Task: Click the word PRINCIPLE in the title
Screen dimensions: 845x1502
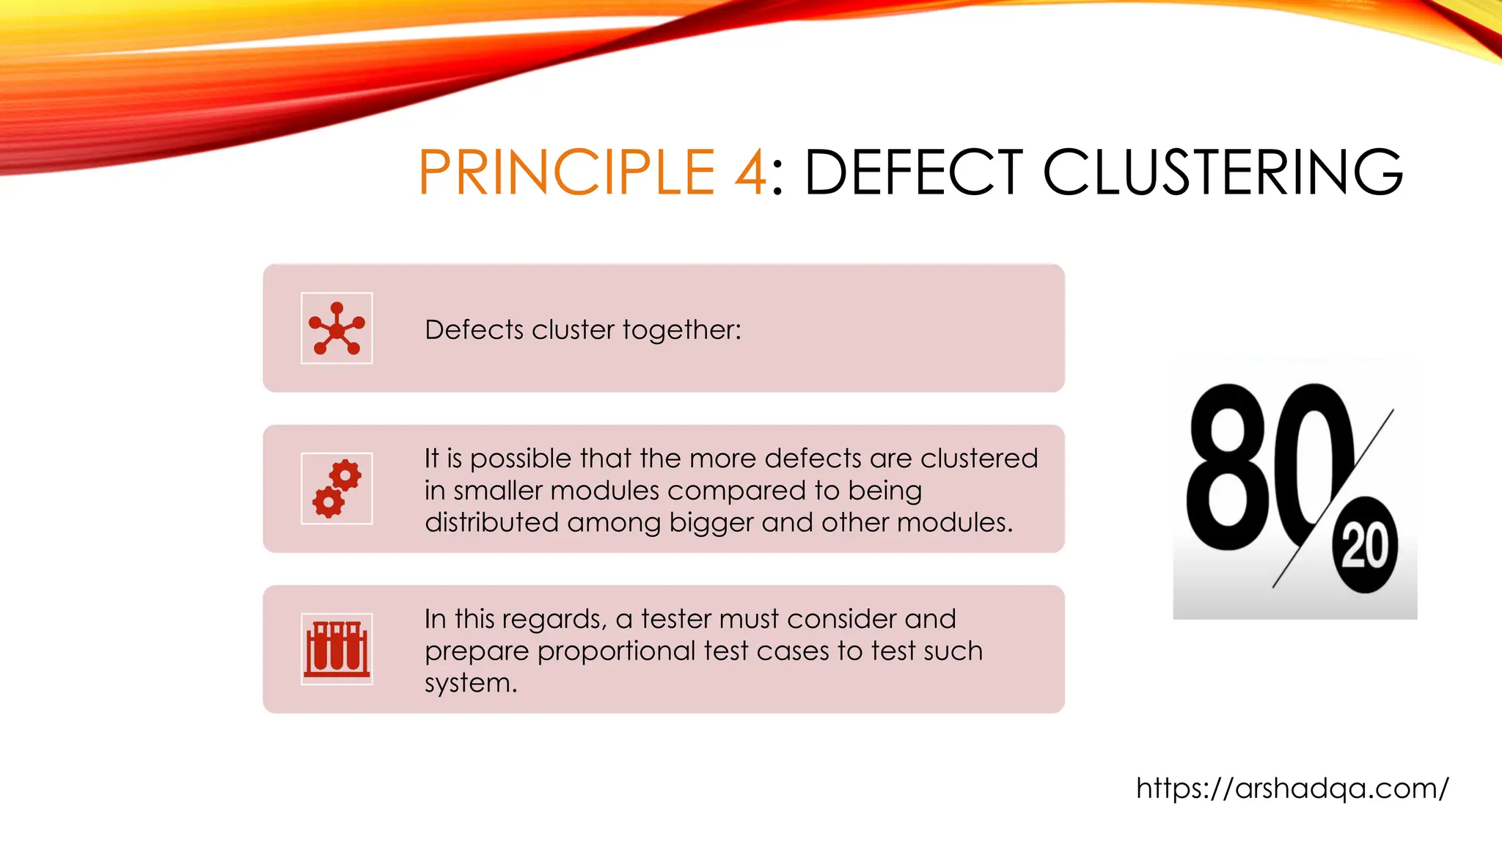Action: click(x=566, y=172)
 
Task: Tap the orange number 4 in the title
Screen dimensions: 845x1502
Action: click(x=750, y=172)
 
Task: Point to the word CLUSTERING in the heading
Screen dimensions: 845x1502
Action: click(x=1223, y=172)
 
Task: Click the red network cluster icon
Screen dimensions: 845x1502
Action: click(x=337, y=329)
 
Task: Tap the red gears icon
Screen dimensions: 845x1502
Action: click(x=337, y=489)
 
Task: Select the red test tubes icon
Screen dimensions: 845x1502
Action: click(x=337, y=649)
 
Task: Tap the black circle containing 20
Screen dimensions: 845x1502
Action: click(x=1365, y=546)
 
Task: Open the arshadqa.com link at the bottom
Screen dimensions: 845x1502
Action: click(x=1292, y=789)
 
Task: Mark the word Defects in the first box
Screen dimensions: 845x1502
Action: click(x=474, y=330)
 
